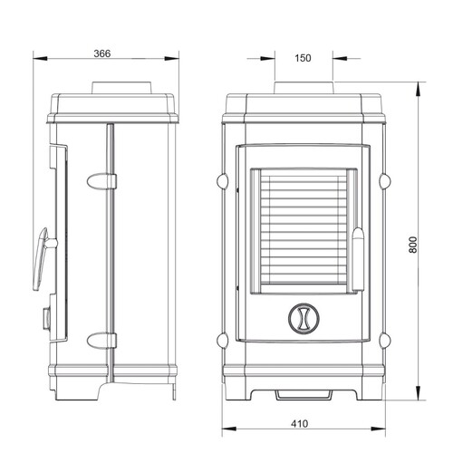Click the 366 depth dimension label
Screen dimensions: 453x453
tap(102, 53)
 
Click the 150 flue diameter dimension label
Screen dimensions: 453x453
tap(303, 58)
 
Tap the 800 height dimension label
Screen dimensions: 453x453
tap(414, 245)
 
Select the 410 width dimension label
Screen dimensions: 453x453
tap(300, 424)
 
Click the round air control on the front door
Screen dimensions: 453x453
tap(304, 319)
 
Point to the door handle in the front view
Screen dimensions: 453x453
tap(359, 259)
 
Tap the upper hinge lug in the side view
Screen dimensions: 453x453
tap(101, 181)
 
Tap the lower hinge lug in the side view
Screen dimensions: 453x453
tap(101, 340)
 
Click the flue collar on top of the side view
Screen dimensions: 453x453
tap(121, 88)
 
